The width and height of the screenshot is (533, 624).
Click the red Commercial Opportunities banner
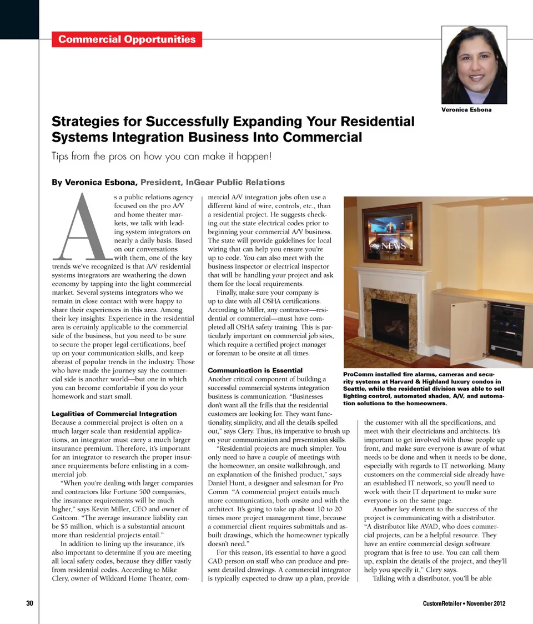pos(127,39)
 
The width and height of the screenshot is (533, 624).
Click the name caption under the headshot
pos(466,109)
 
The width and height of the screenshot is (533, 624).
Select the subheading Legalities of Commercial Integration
pos(114,414)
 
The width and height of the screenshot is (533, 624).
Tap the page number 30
pos(30,603)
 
